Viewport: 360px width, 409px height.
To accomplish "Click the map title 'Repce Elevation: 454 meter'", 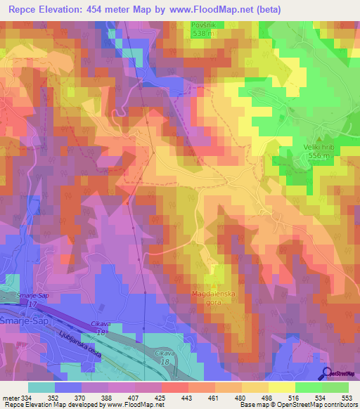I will tap(84, 10).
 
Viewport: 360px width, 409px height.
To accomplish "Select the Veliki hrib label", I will tap(317, 147).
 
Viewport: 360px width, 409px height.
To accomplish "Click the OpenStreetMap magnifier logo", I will tap(328, 374).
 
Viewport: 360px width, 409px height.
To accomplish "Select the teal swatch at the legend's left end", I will tap(41, 387).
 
